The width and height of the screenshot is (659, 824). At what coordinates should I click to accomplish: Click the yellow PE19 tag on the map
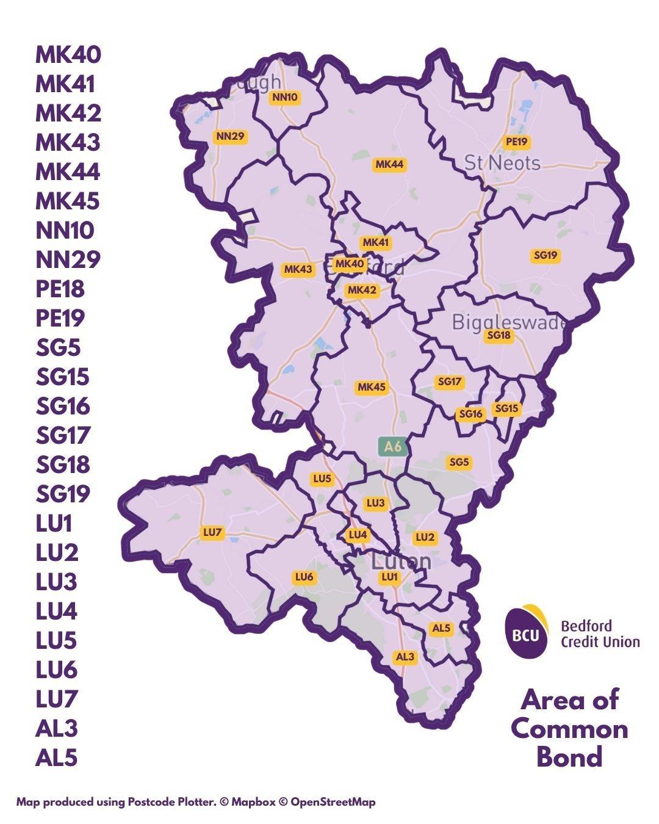[x=516, y=142]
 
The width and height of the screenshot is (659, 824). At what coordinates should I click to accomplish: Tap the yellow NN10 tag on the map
[x=285, y=97]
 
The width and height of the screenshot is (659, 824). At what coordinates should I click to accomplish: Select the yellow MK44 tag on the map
[x=389, y=164]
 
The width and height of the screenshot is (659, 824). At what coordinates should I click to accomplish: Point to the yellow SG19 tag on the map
[x=545, y=256]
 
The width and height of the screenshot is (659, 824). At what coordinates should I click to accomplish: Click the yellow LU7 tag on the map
[x=212, y=533]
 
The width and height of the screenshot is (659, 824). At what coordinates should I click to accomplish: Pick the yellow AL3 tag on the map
[x=405, y=657]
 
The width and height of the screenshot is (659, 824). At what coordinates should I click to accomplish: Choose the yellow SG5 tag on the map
[x=459, y=462]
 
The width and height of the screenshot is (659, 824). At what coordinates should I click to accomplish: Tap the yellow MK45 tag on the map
[x=372, y=387]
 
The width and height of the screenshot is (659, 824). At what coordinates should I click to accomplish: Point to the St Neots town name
[x=502, y=163]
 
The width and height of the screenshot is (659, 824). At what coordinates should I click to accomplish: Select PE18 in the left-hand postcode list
[x=60, y=289]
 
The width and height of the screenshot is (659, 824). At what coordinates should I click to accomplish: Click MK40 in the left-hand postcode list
[x=68, y=54]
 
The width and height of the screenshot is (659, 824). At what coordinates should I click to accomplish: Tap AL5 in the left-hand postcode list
[x=57, y=757]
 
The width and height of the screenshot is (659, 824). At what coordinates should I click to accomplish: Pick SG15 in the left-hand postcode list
[x=62, y=377]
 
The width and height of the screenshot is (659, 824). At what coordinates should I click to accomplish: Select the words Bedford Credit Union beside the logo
[x=600, y=634]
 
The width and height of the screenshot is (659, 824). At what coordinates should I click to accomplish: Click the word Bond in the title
[x=569, y=757]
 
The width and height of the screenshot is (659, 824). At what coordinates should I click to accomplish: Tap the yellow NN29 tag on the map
[x=230, y=136]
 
